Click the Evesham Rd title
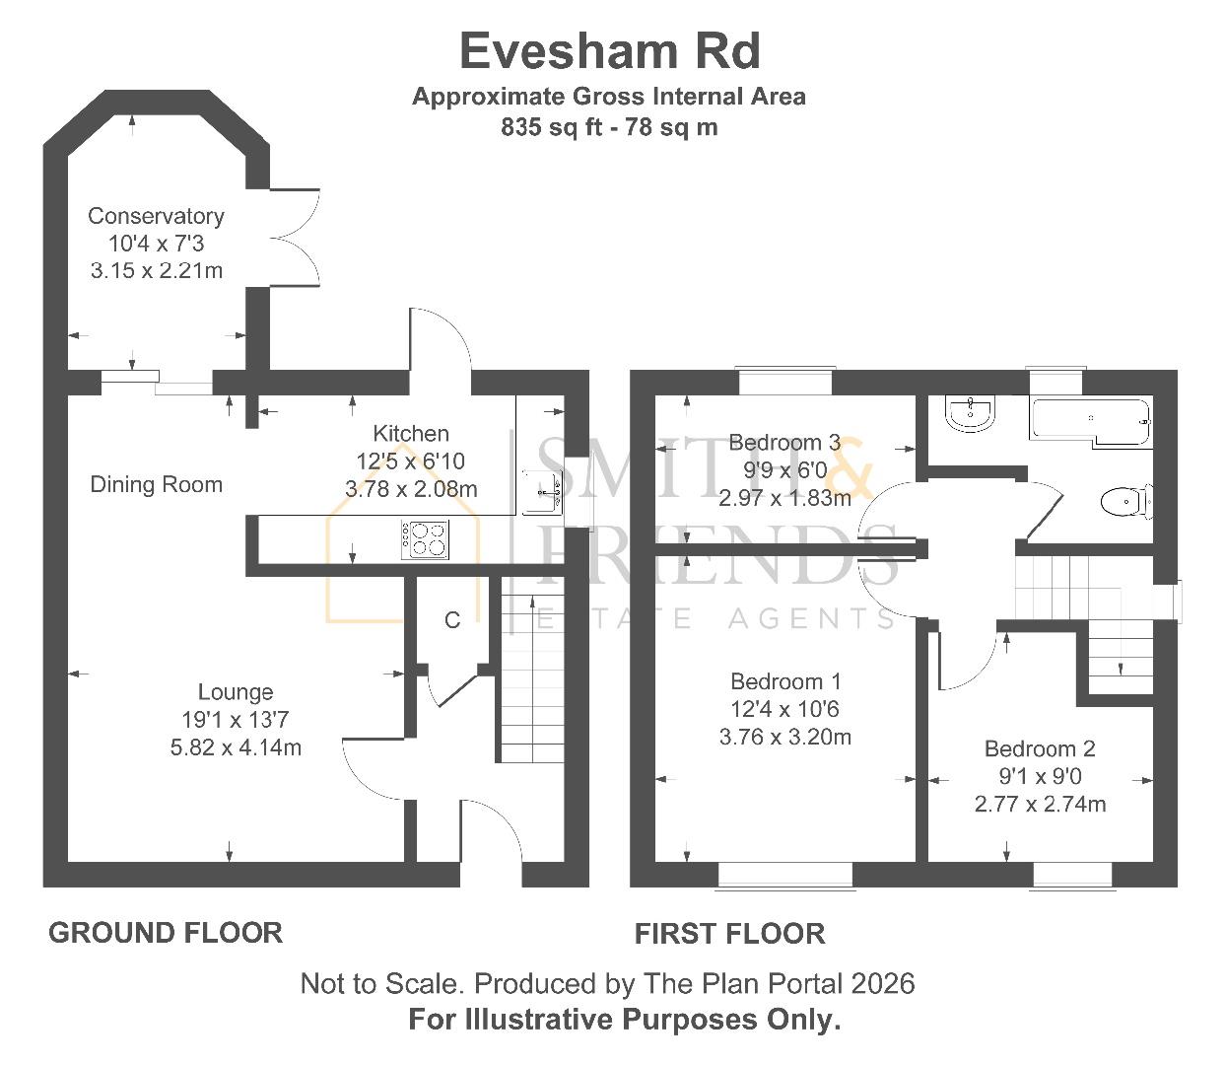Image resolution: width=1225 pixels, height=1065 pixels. [x=610, y=51]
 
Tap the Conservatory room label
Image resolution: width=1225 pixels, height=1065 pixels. [x=156, y=216]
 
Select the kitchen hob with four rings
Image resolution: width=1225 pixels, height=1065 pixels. [x=425, y=539]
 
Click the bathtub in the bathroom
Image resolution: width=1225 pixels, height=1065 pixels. [x=1089, y=421]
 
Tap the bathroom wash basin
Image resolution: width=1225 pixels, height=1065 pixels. [x=971, y=413]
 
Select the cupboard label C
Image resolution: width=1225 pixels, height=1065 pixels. [x=452, y=620]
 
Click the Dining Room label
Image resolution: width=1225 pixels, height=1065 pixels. [x=156, y=484]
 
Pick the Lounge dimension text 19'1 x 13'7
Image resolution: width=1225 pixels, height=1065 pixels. [x=235, y=720]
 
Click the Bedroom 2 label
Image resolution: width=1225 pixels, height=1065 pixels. [x=1040, y=749]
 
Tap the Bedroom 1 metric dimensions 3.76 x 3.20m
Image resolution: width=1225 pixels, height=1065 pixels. [x=784, y=737]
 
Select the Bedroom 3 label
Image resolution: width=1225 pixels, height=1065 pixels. [x=784, y=443]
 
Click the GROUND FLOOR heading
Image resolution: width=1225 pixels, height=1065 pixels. [x=166, y=932]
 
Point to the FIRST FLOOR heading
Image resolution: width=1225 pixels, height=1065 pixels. [x=729, y=933]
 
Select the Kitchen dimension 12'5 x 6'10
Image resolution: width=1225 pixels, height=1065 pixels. [x=411, y=461]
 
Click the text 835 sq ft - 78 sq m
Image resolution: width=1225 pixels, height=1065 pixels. [x=609, y=127]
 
